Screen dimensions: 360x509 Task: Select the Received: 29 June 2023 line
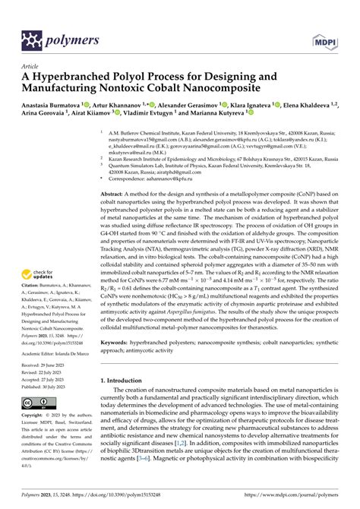[x=46, y=366]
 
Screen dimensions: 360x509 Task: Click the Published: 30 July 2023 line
[x=46, y=386]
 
